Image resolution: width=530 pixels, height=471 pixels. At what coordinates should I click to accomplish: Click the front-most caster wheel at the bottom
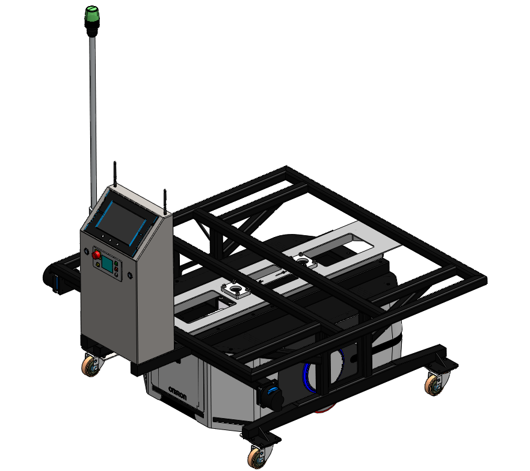(257, 457)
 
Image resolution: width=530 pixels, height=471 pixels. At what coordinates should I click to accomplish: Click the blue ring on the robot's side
(308, 376)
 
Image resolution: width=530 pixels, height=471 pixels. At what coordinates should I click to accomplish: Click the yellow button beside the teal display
(97, 264)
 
